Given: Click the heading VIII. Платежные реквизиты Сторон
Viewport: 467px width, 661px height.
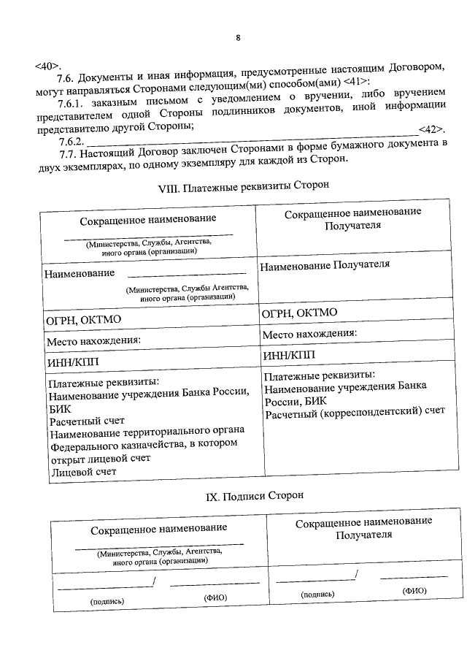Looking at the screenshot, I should coord(244,187).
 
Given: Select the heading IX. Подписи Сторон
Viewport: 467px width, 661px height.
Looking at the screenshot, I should coord(244,496).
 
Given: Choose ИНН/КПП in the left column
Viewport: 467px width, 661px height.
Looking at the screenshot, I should coord(72,362).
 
